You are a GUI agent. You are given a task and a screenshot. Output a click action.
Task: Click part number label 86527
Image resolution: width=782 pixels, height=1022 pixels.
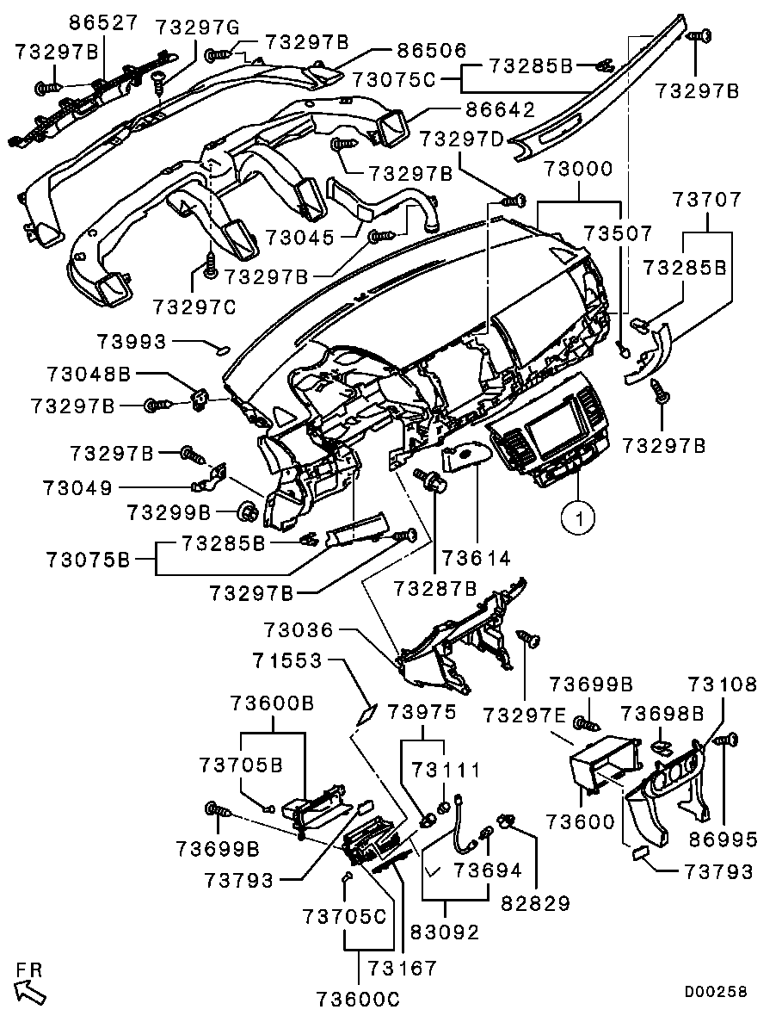coord(105,22)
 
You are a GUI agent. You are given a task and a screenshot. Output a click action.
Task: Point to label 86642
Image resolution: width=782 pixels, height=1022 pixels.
coord(500,108)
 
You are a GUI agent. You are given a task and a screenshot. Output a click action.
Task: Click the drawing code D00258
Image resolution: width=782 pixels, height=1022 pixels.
coord(715,991)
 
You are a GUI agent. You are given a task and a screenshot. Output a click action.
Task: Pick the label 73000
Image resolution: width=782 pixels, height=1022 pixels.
coord(579,170)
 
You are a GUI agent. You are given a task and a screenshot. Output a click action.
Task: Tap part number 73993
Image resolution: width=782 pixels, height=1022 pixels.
coord(132,342)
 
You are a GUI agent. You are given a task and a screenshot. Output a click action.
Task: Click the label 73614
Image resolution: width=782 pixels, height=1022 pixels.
coord(477,558)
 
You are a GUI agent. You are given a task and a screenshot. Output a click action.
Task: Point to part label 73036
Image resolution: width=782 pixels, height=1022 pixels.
coord(299,630)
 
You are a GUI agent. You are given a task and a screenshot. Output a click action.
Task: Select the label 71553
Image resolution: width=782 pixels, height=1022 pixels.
coord(287,661)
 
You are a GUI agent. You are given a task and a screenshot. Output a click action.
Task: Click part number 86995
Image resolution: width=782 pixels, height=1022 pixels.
coord(722,839)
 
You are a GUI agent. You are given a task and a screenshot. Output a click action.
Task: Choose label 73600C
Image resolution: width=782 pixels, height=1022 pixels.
coord(358,999)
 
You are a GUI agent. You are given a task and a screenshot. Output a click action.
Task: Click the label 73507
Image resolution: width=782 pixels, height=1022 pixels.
coord(618,232)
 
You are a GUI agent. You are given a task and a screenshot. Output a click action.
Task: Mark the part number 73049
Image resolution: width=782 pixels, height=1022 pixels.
coord(77,487)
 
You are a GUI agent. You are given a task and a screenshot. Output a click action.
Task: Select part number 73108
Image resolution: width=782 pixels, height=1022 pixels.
coord(723,684)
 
